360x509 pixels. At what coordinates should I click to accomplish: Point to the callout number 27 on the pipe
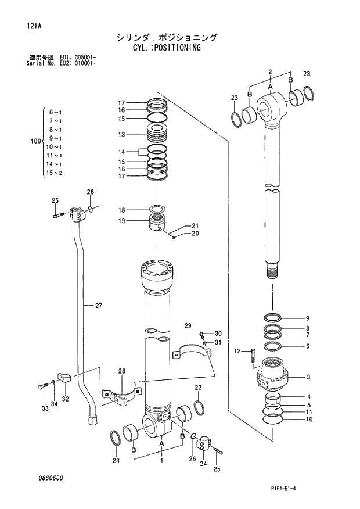pyautogui.click(x=98, y=305)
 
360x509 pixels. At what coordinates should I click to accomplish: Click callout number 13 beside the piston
pyautogui.click(x=121, y=134)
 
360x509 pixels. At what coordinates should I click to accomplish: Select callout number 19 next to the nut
pyautogui.click(x=121, y=221)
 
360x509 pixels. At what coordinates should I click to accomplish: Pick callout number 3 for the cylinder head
pyautogui.click(x=308, y=377)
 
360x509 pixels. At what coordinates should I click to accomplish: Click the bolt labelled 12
pyautogui.click(x=253, y=354)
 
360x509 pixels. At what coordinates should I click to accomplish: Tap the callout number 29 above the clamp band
pyautogui.click(x=188, y=325)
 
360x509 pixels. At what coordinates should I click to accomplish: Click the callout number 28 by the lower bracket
pyautogui.click(x=121, y=371)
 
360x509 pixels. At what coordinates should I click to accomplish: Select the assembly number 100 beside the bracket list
pyautogui.click(x=34, y=141)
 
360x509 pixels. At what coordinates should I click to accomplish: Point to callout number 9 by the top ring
pyautogui.click(x=308, y=318)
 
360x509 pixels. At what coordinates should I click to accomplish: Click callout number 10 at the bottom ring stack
pyautogui.click(x=308, y=419)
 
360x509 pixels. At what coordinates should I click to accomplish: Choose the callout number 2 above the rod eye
pyautogui.click(x=270, y=71)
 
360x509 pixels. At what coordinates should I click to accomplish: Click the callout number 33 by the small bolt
pyautogui.click(x=44, y=408)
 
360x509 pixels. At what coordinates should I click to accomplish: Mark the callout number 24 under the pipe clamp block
pyautogui.click(x=203, y=463)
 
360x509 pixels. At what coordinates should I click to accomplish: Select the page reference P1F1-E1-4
pyautogui.click(x=321, y=489)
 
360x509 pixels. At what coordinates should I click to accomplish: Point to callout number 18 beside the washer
pyautogui.click(x=121, y=210)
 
